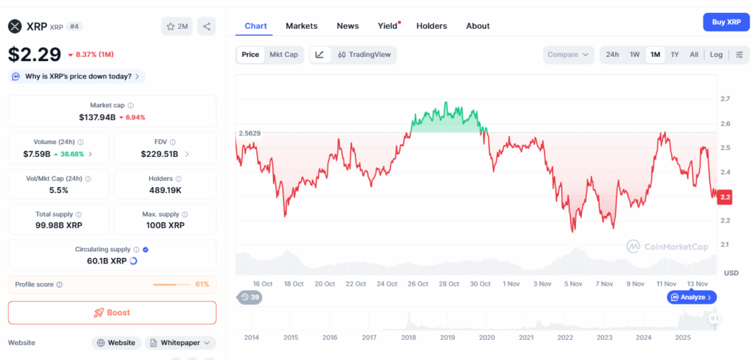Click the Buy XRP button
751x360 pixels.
click(x=726, y=22)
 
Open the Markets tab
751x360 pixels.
click(x=301, y=26)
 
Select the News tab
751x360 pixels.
click(x=348, y=26)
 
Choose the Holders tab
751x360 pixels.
click(x=431, y=26)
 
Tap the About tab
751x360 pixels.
click(x=477, y=26)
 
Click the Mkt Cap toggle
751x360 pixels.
click(x=283, y=55)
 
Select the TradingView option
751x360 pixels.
click(x=364, y=55)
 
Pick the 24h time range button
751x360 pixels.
click(x=612, y=55)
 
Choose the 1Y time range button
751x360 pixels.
click(x=675, y=55)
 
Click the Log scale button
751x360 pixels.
click(x=716, y=55)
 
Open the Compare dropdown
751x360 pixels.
click(x=568, y=55)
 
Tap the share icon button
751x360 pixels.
click(x=207, y=27)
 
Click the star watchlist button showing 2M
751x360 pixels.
click(x=177, y=27)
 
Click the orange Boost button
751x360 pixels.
click(x=112, y=312)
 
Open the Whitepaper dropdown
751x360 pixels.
click(x=181, y=343)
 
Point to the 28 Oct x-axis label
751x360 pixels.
click(x=449, y=284)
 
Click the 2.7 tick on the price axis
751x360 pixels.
click(x=725, y=99)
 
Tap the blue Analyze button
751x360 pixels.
click(x=692, y=297)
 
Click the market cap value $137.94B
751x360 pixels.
click(x=97, y=117)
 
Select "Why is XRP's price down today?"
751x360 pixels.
click(x=78, y=76)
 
